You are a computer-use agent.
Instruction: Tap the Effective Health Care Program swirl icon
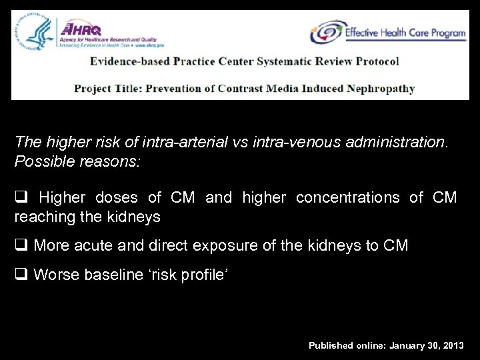click(326, 32)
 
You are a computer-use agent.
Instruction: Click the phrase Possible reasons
click(77, 162)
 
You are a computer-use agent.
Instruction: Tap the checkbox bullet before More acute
click(21, 246)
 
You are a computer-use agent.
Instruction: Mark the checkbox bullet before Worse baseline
click(21, 275)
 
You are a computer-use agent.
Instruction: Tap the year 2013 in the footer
click(451, 345)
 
